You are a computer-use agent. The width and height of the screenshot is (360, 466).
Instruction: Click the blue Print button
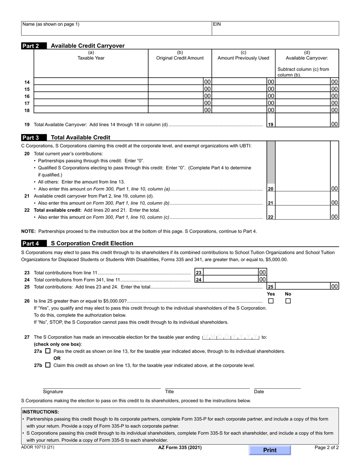click(270, 450)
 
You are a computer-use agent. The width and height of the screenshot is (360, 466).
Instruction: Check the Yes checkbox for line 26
click(271, 301)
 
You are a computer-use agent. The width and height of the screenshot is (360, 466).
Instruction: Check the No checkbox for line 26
click(288, 301)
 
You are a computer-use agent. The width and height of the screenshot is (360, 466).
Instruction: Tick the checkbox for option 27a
click(48, 351)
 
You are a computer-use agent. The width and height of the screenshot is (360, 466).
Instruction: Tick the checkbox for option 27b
click(48, 365)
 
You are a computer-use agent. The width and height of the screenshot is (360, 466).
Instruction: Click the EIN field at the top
click(275, 28)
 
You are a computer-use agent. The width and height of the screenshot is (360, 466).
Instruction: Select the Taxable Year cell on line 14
click(91, 82)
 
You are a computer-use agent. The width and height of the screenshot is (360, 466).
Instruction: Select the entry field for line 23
click(230, 272)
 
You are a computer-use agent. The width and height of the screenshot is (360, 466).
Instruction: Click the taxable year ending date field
click(231, 337)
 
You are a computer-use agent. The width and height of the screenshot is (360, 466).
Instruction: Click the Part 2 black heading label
click(31, 46)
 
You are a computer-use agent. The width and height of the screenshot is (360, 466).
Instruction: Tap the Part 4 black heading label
click(31, 243)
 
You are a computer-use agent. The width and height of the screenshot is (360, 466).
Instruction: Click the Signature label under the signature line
click(53, 392)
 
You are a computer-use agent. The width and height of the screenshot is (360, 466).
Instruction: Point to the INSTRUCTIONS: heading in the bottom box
click(41, 412)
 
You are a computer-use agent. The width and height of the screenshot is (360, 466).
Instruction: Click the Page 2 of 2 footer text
click(327, 447)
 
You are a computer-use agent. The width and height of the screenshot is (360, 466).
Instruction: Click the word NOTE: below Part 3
click(28, 231)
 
